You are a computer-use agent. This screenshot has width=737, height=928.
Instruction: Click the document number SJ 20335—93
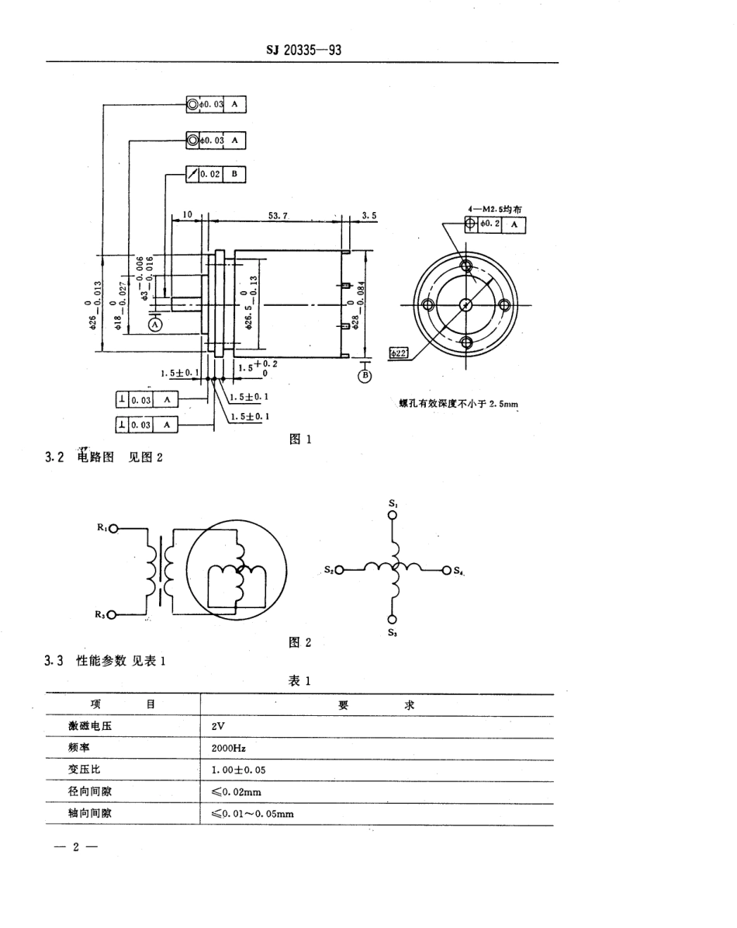pos(303,50)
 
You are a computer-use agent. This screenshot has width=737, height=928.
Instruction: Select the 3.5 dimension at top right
pos(369,216)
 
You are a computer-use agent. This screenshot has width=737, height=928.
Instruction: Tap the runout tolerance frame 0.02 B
pos(216,175)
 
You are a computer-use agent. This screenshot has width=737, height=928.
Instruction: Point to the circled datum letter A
pos(154,325)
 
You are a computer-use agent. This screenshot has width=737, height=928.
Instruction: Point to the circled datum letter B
pos(365,377)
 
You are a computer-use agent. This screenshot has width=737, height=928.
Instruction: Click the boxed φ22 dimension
pos(399,353)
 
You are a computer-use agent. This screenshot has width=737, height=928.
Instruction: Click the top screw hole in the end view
pos(466,266)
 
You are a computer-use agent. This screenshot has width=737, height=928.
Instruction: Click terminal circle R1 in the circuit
pos(113,529)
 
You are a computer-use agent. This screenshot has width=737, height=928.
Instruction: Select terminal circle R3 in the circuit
pos(113,615)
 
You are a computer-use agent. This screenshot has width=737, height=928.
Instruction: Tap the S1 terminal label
pos(393,504)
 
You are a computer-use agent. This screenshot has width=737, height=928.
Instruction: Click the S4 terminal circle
pos(446,571)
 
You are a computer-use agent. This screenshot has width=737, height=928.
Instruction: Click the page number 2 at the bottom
pos(76,847)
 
